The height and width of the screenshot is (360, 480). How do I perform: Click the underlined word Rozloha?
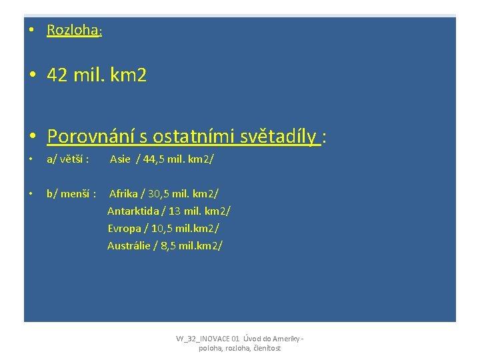pos(73,30)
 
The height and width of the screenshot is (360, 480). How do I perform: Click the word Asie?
pos(120,159)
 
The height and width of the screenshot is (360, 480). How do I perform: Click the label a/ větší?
pos(67,159)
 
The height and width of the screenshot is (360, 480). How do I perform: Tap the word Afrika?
pos(123,193)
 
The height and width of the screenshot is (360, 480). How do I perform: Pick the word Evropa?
pos(125,228)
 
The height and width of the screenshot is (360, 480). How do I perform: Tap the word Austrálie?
pos(129,245)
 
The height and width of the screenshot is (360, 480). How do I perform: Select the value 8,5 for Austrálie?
pos(168,245)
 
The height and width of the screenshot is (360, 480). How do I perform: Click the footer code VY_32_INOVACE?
pos(207,339)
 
